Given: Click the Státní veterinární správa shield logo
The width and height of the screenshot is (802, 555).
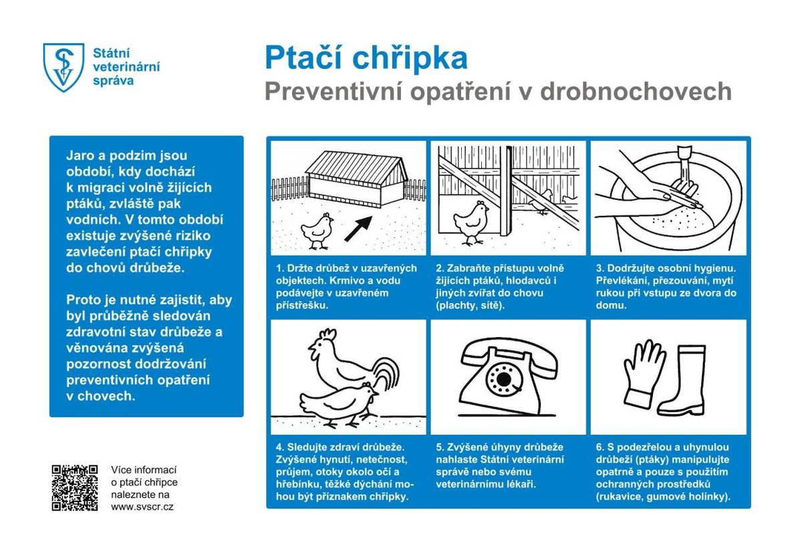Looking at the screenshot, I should click(63, 67).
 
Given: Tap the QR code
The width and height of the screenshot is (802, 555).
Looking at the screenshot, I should click(75, 487).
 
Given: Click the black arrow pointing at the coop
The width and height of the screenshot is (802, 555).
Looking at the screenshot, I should click(359, 227).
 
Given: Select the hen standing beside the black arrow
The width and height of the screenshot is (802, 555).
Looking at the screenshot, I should click(317, 229).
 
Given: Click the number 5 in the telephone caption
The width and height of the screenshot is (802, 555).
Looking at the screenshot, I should click(439, 447).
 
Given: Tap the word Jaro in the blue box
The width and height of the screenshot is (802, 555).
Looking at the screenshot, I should click(79, 155).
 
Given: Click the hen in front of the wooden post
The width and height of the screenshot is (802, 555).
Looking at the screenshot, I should click(471, 221).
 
